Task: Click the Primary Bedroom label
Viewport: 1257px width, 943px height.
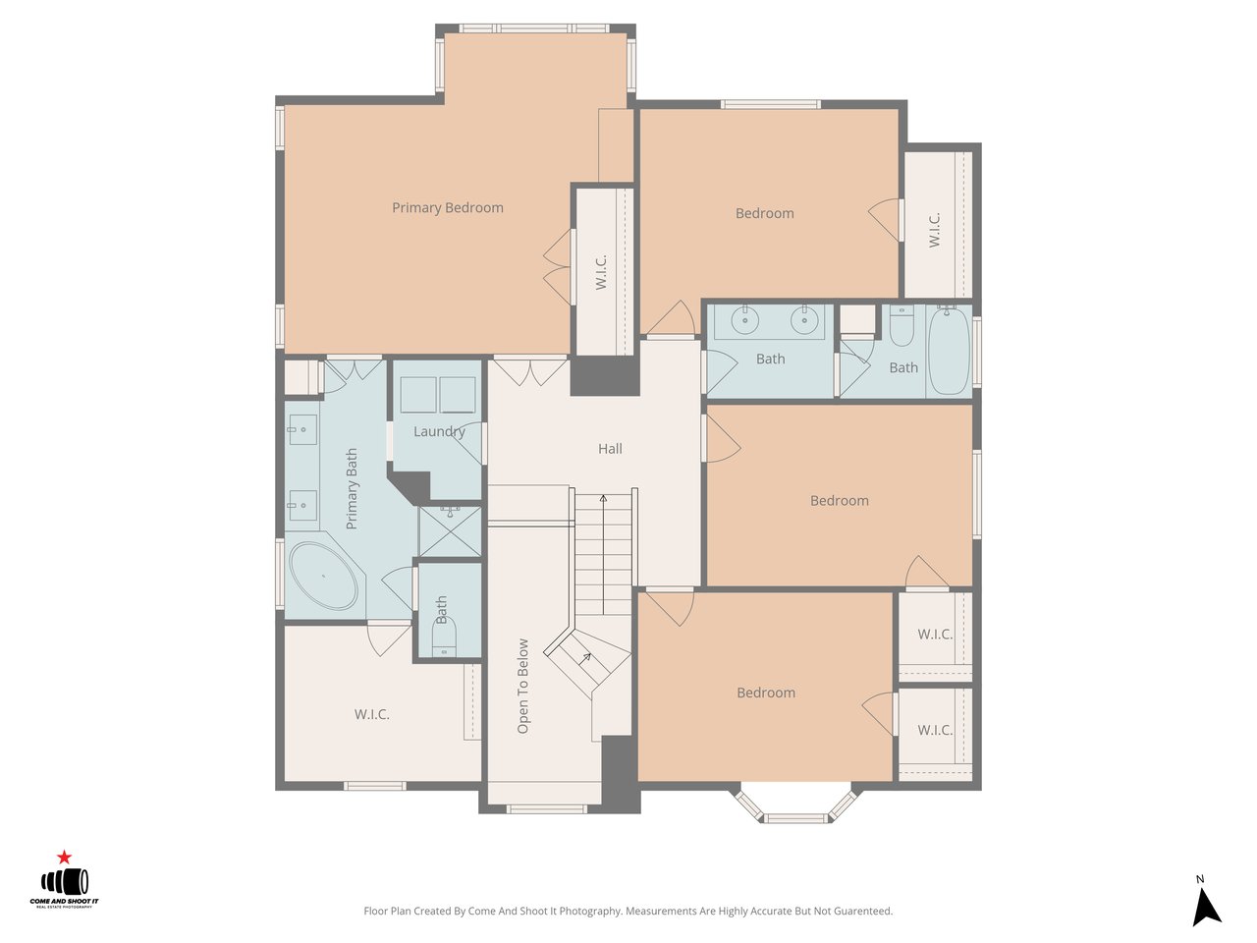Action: (x=447, y=208)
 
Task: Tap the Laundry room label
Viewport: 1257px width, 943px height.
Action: (x=438, y=431)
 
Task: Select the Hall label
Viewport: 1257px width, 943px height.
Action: (x=610, y=449)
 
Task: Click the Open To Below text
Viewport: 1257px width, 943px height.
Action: (x=522, y=687)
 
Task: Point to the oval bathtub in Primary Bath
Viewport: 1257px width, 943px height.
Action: (x=323, y=575)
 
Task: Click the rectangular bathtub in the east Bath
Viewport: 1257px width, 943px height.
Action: (x=949, y=351)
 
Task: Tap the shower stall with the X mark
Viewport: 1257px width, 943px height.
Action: (x=451, y=530)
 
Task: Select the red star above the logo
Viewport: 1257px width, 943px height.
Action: (x=65, y=858)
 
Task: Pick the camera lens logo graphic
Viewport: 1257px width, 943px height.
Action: (x=65, y=881)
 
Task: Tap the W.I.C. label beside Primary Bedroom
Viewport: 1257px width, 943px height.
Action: (x=602, y=272)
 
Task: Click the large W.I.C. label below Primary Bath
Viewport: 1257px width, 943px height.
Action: (x=372, y=714)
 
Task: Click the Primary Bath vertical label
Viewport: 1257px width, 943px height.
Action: (x=352, y=489)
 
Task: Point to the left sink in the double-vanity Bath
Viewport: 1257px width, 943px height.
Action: (x=745, y=320)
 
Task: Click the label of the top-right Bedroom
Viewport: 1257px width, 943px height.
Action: (x=764, y=213)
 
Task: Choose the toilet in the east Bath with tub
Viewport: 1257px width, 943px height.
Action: (x=902, y=327)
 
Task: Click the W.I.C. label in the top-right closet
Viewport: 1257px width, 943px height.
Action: (x=935, y=230)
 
